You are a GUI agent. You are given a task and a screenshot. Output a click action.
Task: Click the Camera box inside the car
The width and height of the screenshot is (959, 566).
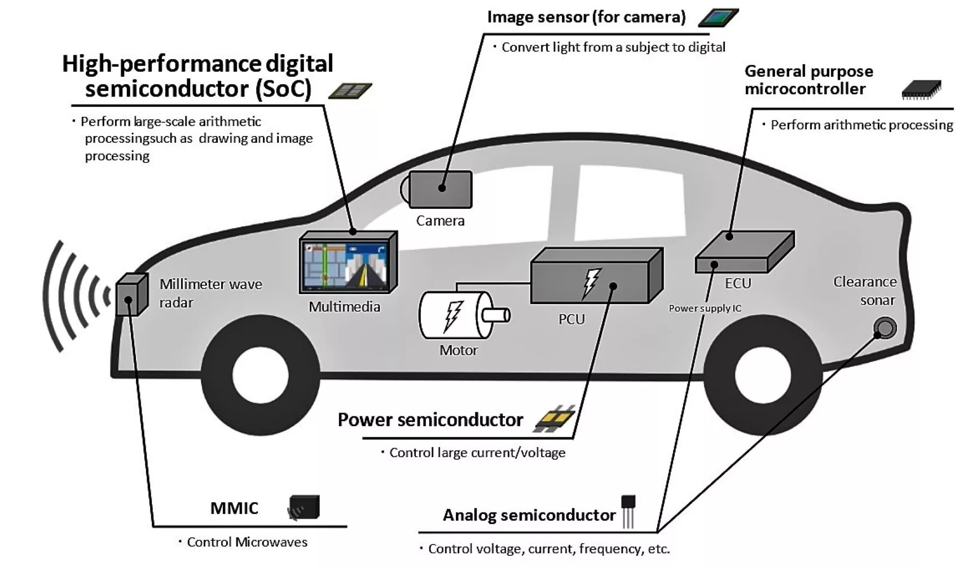pos(440,189)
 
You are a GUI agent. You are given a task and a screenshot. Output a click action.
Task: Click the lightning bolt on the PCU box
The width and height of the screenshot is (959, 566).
pos(592,281)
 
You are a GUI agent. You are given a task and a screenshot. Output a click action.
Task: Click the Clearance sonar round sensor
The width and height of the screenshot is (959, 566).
pos(885,328)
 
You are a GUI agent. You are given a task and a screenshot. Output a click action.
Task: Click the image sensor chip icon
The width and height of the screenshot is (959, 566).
pos(718,18)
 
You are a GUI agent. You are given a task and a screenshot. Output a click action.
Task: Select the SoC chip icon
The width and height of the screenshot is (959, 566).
pos(350,91)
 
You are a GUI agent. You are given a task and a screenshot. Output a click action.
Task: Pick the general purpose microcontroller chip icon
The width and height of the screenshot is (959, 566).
pos(921,90)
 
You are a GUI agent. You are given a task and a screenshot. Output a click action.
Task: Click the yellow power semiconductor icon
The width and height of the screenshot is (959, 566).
pos(554,418)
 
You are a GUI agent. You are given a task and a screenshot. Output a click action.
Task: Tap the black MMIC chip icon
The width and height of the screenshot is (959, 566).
pos(305,507)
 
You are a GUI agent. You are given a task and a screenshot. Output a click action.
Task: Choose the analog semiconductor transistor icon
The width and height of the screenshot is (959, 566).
pos(628,510)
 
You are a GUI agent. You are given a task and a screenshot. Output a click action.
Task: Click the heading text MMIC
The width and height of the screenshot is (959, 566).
pos(234,508)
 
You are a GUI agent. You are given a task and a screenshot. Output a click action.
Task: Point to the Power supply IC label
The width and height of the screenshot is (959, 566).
pos(705,308)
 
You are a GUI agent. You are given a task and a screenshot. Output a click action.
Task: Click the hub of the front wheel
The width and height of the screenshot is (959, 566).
pos(260,375)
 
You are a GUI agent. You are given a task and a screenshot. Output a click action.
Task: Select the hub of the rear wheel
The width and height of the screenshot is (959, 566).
pos(762,375)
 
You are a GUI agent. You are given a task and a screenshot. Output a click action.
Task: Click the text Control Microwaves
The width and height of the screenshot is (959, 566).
pos(247,542)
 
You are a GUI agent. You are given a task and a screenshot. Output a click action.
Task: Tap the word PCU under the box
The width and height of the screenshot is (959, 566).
pos(571,319)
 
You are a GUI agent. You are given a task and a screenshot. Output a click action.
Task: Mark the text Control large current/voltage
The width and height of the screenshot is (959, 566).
pos(477,453)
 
